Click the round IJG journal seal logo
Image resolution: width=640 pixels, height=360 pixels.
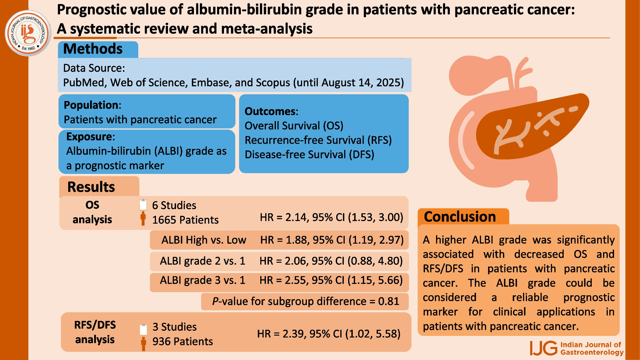pos(28,33)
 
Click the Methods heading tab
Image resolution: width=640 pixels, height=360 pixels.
pos(93,49)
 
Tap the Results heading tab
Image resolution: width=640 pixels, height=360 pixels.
pos(91,187)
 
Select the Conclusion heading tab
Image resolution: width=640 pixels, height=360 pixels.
pos(460,216)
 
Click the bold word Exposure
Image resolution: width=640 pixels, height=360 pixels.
pos(90,137)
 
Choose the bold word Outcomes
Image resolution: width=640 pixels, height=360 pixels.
pos(271,111)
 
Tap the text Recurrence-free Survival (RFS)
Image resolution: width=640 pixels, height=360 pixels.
pos(318,140)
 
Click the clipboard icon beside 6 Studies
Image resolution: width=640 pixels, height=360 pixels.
pos(143,205)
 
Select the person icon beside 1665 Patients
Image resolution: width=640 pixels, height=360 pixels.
pos(143,219)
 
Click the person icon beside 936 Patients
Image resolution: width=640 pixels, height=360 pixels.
pos(144,343)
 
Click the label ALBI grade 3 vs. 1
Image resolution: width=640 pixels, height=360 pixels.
pos(202,280)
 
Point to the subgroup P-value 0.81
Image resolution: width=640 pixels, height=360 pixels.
pos(389,301)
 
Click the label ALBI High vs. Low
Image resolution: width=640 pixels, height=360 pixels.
pos(204,240)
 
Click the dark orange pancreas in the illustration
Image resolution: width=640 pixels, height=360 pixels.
pos(532,128)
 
